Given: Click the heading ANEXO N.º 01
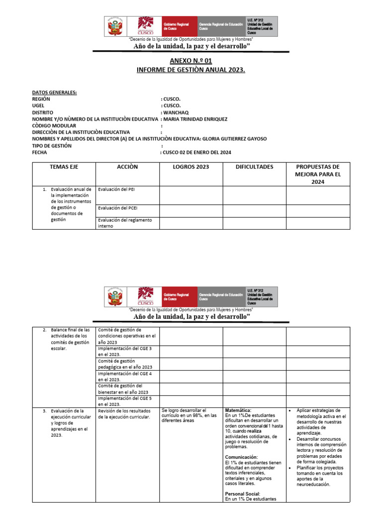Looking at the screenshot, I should (x=191, y=61).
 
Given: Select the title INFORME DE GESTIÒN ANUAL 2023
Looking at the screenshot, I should (x=191, y=70).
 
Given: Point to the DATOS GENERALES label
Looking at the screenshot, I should (x=54, y=93).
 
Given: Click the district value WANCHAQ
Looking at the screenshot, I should (x=173, y=113).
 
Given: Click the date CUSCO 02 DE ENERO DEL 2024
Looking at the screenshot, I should (x=197, y=152).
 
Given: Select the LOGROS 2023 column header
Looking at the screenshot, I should (x=191, y=167).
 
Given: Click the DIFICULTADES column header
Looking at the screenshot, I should (x=254, y=167).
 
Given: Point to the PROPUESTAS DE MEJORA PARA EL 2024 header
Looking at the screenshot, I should (x=317, y=174).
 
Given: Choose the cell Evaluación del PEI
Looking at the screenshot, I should (x=116, y=190).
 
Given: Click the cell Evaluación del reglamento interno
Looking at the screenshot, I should (x=125, y=223).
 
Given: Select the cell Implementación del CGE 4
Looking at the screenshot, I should (x=125, y=376).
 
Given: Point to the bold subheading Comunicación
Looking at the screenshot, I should (x=241, y=457).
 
